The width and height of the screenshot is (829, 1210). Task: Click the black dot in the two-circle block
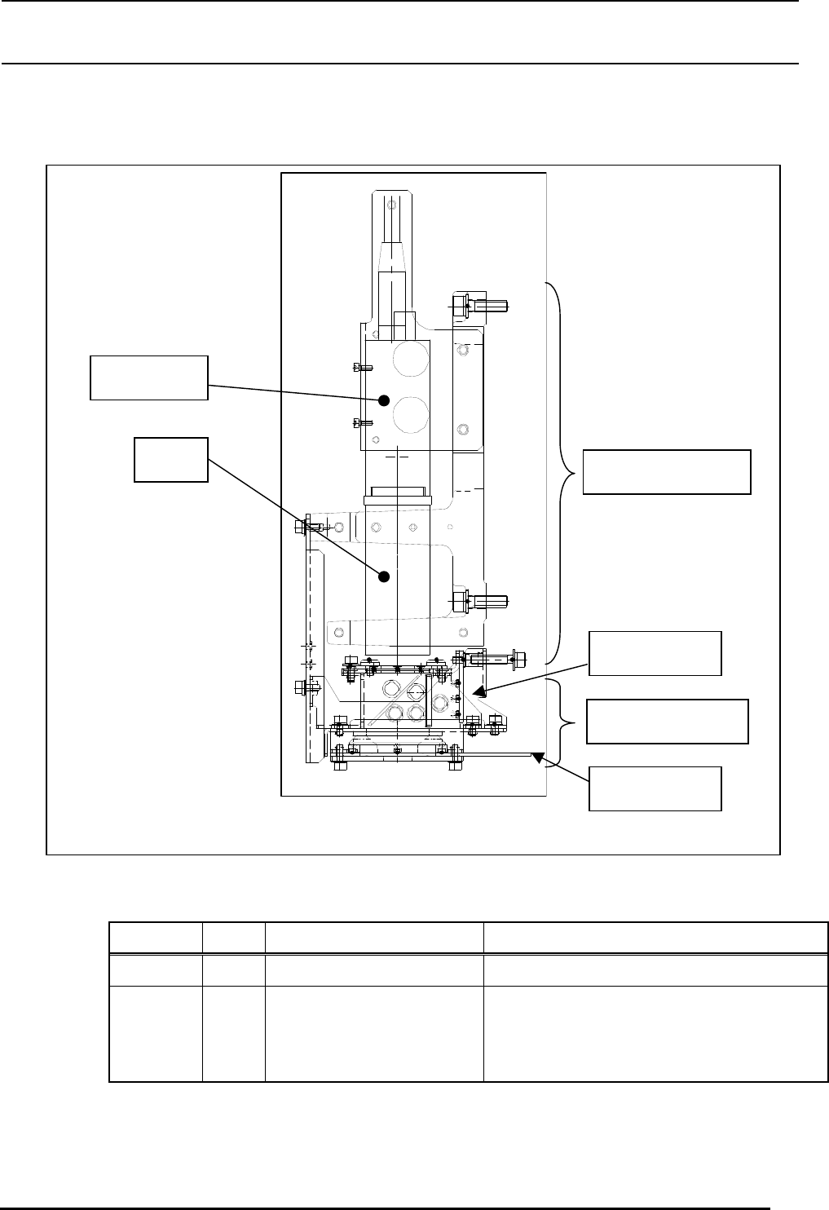point(382,400)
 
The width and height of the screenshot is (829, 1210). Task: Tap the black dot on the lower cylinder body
point(384,576)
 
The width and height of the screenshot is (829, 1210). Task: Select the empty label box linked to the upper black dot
point(148,378)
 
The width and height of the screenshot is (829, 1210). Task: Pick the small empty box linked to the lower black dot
point(171,459)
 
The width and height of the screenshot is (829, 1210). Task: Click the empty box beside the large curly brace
point(666,471)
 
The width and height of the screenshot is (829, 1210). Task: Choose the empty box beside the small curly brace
point(667,721)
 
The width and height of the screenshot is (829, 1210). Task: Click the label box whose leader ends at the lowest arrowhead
point(655,788)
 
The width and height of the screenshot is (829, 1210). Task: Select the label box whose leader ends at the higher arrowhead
point(655,653)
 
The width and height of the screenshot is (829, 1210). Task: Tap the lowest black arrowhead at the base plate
point(536,758)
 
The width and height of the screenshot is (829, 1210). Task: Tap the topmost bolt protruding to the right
point(480,307)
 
